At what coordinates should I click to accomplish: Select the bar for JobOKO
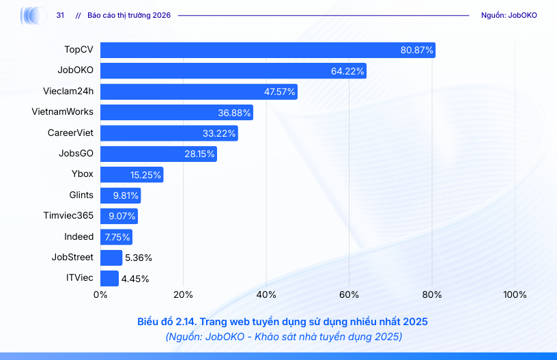[x=233, y=71]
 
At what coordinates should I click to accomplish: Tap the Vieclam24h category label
[x=68, y=92]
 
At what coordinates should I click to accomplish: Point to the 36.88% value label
[x=235, y=113]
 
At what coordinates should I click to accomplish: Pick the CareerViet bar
[x=169, y=133]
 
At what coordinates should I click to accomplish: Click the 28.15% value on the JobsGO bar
[x=199, y=154]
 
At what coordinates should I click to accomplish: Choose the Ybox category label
[x=82, y=174]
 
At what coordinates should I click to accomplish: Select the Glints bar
[x=120, y=195]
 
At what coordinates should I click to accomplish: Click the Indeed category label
[x=78, y=236]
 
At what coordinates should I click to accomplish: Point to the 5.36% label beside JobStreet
[x=139, y=258]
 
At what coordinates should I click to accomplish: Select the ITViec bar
[x=109, y=278]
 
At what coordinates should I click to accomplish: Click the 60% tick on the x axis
[x=349, y=294]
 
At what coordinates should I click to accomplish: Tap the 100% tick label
[x=515, y=294]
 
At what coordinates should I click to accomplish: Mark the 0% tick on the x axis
[x=100, y=294]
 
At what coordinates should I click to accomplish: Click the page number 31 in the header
[x=60, y=15]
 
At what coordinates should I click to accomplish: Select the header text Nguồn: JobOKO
[x=509, y=15]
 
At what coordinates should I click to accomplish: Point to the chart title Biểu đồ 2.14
[x=282, y=321]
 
